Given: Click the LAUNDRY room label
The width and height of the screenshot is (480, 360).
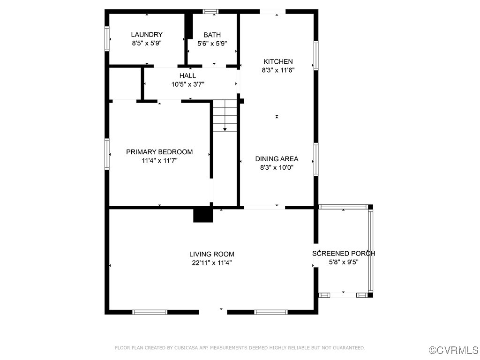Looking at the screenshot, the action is tap(147, 35).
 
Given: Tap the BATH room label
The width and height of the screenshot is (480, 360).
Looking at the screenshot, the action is tap(212, 35).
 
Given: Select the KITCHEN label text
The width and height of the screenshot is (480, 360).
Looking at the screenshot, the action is tap(278, 61).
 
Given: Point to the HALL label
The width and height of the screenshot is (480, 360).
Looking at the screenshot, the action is tap(187, 75).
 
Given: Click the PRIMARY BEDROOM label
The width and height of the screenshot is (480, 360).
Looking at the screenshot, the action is tap(159, 152).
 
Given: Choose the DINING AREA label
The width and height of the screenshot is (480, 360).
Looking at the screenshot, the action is tap(277, 159).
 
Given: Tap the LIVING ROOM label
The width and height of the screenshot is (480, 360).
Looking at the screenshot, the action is tap(212, 254).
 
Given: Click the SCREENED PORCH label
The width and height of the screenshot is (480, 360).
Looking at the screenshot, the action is tap(344, 254).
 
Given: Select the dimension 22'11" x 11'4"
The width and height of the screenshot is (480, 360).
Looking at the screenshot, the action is tap(212, 262).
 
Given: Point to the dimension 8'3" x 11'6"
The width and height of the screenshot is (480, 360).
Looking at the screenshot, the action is tap(278, 70).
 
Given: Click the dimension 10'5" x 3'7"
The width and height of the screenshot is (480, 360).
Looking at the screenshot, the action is tap(187, 84).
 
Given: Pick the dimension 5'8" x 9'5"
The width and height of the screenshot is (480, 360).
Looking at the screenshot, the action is tap(344, 262).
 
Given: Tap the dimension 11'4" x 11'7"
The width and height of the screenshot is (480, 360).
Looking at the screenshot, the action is tap(159, 160).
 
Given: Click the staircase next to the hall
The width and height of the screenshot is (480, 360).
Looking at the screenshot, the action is tap(225, 115).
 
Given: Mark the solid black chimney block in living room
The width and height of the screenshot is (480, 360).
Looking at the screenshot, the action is tap(203, 215).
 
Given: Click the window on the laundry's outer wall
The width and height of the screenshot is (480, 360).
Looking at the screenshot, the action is tap(107, 38).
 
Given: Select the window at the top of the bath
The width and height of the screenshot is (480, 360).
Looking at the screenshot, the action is tap(210, 12).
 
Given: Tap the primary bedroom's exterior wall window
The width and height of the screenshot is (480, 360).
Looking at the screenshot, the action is tap(107, 154).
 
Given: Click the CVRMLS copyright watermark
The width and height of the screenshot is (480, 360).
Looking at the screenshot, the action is tap(453, 350).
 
